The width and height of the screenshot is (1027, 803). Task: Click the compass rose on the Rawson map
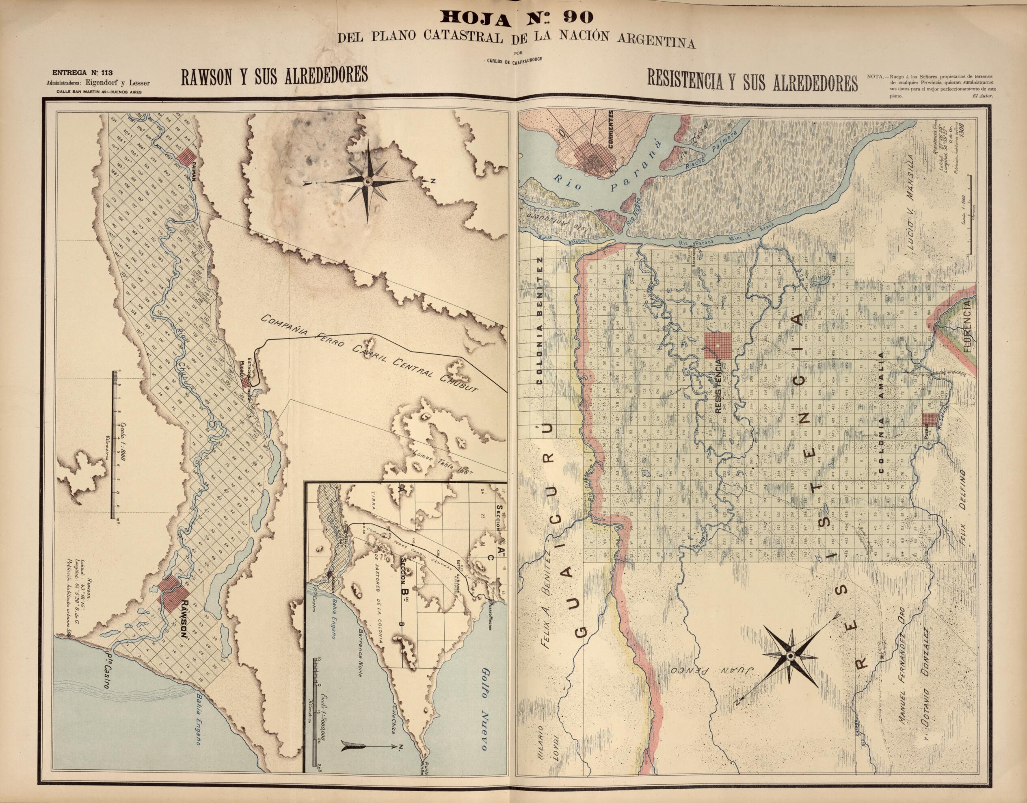[368, 182]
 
